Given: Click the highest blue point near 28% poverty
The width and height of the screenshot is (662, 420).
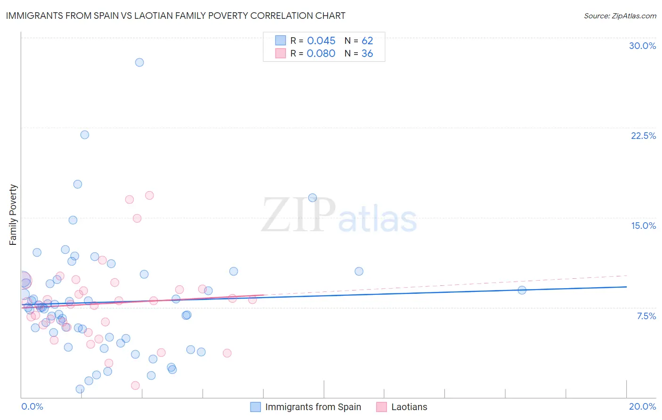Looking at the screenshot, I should tap(139, 62).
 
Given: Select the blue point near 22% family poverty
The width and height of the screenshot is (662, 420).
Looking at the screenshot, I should tap(85, 135).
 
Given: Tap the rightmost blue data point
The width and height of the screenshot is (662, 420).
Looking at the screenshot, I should tap(522, 290).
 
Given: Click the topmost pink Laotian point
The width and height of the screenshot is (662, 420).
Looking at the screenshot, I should tap(149, 195).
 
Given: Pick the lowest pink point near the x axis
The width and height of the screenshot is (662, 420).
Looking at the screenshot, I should tap(135, 385).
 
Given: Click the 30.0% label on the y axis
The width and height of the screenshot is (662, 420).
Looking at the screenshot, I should tap(642, 46).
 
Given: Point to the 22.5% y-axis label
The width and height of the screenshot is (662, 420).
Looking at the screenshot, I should tap(643, 136).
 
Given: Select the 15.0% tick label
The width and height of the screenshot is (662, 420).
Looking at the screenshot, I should tap(643, 226).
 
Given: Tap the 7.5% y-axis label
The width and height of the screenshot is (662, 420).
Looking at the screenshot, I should tap(646, 316).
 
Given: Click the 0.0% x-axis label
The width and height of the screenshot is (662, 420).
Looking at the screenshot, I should tap(32, 406).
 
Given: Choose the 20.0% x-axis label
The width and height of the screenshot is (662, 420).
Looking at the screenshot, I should tap(642, 406).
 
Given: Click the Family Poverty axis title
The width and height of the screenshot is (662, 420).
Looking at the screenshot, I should tap(13, 215).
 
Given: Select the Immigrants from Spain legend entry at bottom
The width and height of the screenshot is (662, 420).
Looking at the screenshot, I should tap(313, 407).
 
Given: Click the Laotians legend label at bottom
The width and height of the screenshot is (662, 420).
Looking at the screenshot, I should tap(409, 407).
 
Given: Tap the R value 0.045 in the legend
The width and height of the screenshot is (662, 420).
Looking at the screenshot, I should tap(321, 41).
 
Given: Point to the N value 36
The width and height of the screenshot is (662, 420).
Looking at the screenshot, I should tap(367, 54).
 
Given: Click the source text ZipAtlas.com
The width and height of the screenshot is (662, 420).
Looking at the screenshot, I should tap(620, 16).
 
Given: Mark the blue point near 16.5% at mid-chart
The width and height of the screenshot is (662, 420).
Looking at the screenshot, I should tap(312, 198).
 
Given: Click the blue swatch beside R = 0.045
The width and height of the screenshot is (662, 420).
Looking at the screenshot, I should tap(281, 40).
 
